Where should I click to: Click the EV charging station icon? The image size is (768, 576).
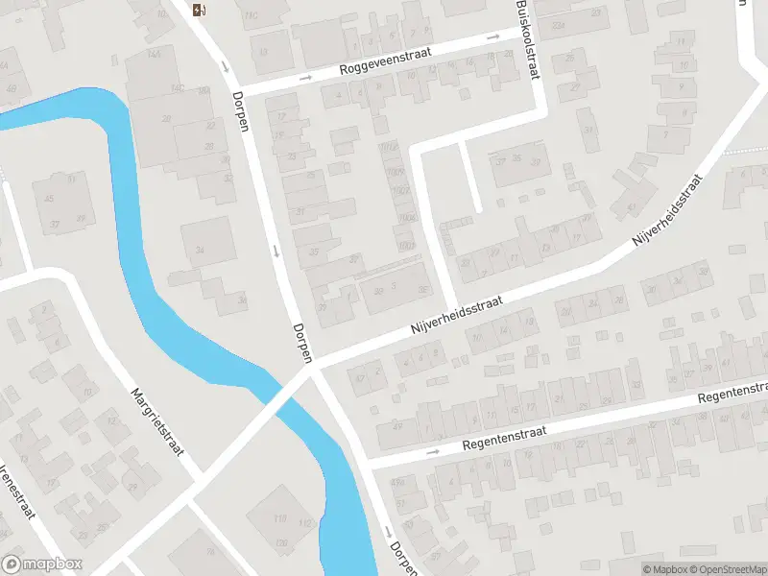[200, 11]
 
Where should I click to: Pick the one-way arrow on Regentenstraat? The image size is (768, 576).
[432, 451]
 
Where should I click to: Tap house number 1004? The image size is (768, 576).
[407, 219]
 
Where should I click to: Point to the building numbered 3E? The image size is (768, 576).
[422, 287]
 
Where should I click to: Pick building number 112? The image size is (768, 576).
[305, 522]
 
